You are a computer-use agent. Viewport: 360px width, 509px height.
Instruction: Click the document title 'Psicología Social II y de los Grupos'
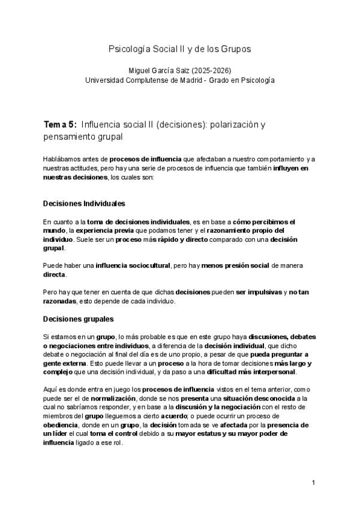[x=179, y=48]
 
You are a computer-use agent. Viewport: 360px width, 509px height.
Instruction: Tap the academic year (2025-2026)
[x=209, y=70]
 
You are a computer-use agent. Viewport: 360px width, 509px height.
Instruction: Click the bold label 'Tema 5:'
[x=59, y=125]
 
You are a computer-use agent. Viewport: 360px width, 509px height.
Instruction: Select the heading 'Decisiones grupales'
[x=79, y=319]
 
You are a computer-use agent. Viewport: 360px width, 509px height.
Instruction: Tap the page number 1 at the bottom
[x=314, y=483]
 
